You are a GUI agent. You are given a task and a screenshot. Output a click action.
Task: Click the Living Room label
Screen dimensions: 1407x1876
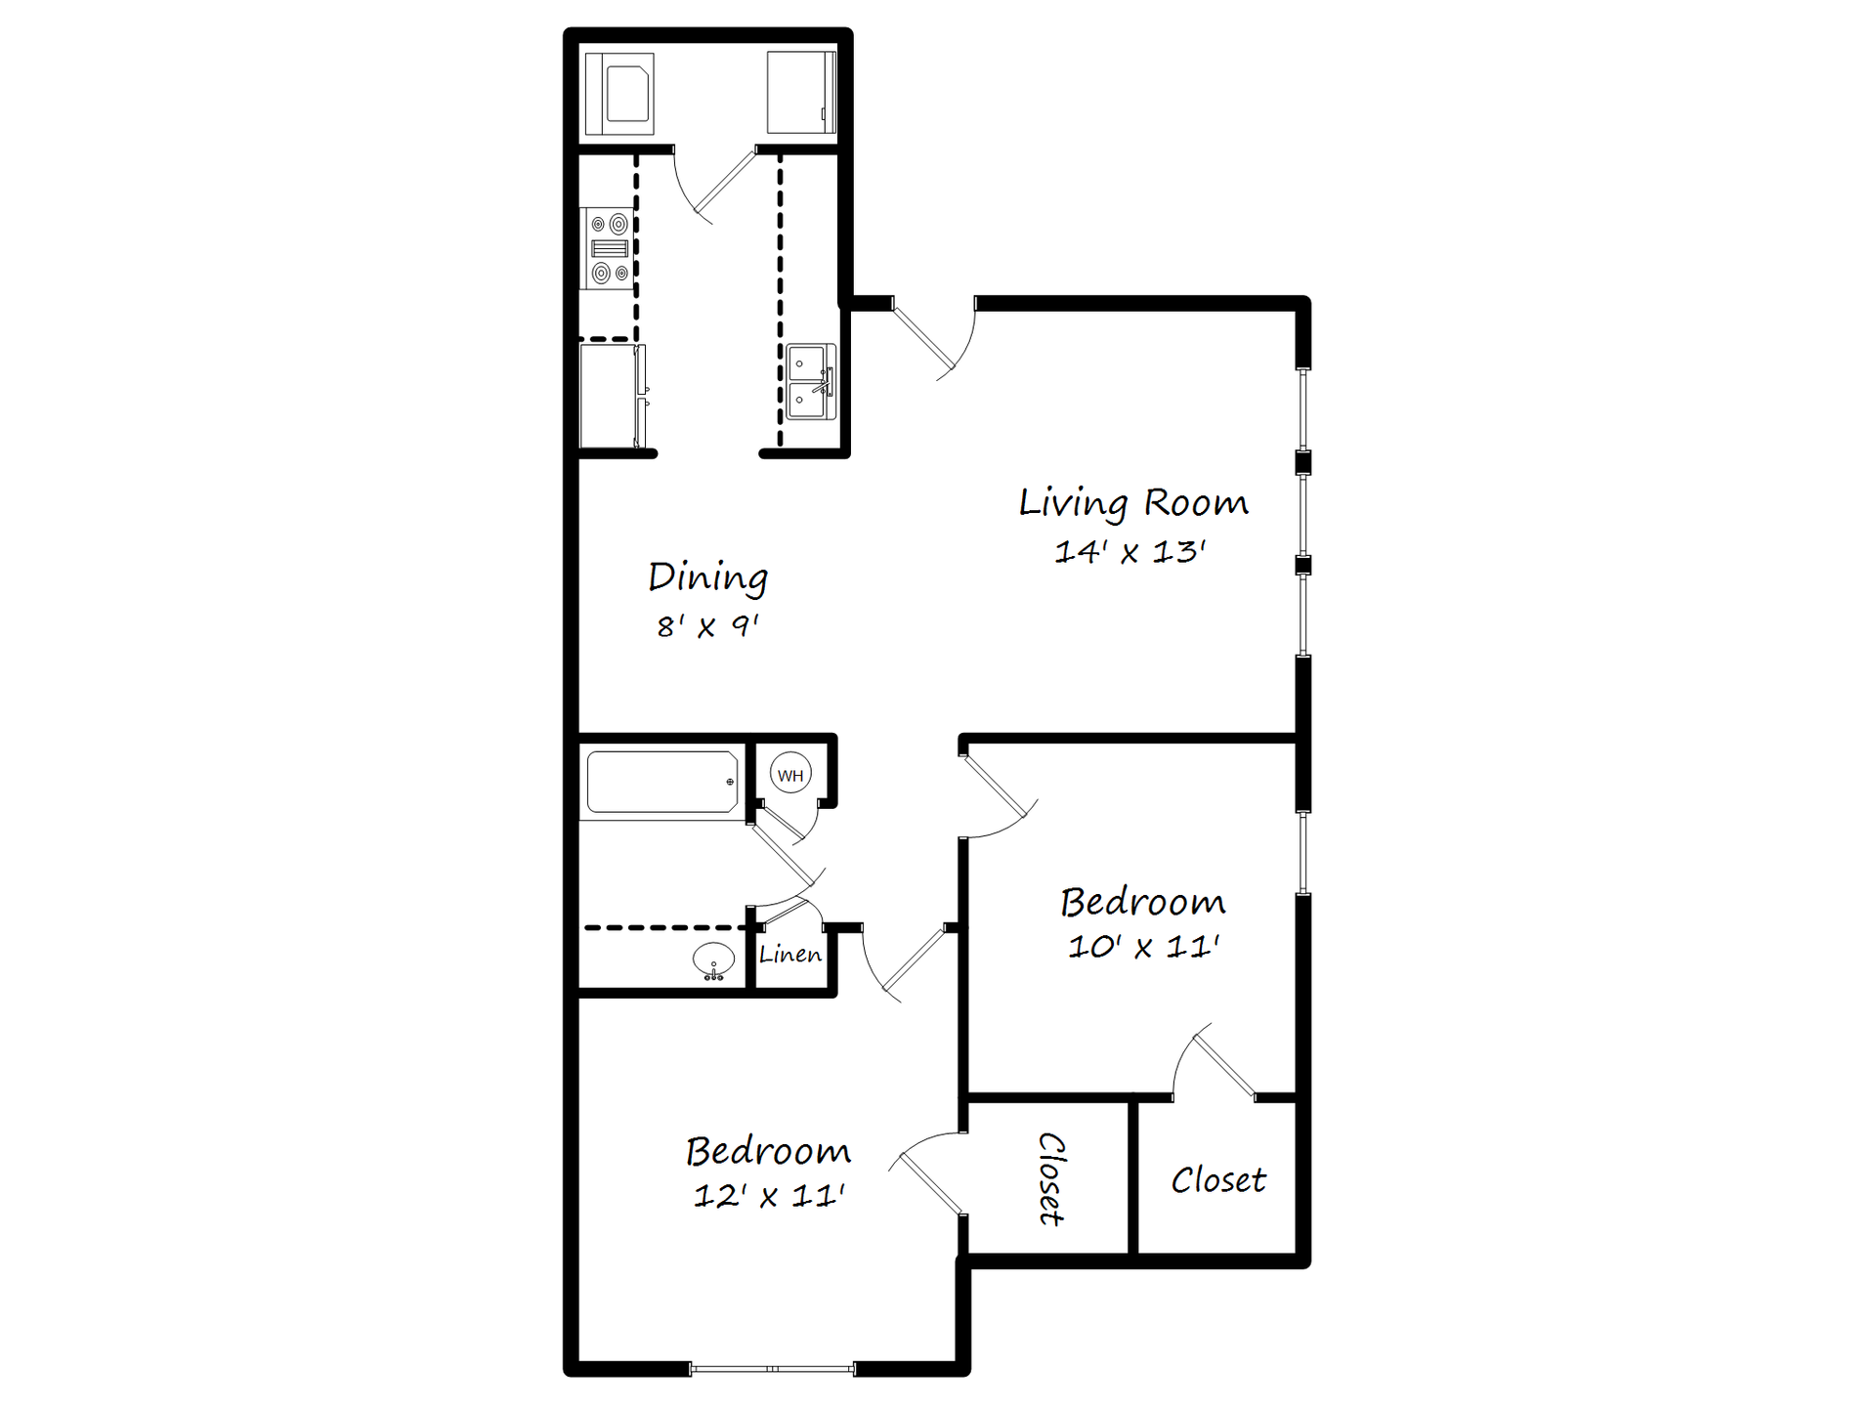click(1133, 503)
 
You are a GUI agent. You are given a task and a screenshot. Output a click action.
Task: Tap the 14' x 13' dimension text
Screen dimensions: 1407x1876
click(1130, 552)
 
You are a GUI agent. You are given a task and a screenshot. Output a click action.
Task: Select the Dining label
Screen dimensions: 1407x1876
click(708, 577)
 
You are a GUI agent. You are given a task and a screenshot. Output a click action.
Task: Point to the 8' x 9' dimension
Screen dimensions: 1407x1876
click(707, 625)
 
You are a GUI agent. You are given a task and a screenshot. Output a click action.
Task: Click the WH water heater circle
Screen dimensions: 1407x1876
click(790, 776)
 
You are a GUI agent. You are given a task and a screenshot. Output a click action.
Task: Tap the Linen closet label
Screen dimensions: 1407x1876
click(790, 955)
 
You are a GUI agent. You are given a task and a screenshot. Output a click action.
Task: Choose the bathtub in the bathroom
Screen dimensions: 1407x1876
click(661, 782)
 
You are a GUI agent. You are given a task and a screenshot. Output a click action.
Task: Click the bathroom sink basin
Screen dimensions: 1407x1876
click(714, 959)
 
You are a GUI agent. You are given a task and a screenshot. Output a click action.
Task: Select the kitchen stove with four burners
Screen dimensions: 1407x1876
click(608, 248)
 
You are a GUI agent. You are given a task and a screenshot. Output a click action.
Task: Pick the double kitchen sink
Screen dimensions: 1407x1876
click(811, 382)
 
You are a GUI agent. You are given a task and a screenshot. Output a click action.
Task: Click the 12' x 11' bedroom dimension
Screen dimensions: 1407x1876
click(769, 1196)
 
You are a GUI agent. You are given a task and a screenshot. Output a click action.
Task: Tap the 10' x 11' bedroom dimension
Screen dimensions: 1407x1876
click(1143, 947)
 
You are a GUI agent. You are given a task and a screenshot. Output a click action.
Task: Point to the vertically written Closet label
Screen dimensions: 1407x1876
click(1050, 1178)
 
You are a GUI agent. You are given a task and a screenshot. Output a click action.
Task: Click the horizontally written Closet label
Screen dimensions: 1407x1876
click(1218, 1180)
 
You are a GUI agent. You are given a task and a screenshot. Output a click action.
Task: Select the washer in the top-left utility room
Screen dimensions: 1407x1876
click(619, 93)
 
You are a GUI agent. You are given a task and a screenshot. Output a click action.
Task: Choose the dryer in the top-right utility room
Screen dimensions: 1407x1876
click(801, 93)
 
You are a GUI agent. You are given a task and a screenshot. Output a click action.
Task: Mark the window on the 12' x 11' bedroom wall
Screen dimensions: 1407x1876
click(772, 1369)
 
